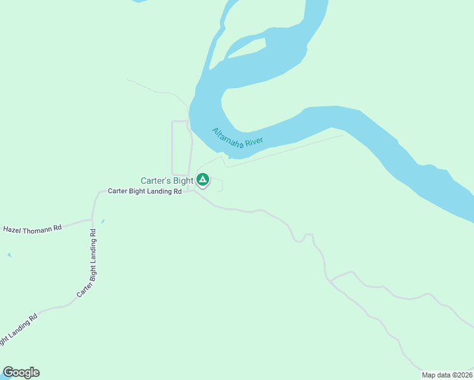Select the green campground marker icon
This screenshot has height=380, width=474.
click(203, 180)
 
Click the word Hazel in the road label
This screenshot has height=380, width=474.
click(13, 229)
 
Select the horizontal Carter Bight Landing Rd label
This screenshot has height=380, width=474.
click(144, 191)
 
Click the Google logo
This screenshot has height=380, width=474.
click(21, 372)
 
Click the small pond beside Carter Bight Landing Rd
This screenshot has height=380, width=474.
click(103, 221)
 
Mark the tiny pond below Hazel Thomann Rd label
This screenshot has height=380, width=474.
click(9, 255)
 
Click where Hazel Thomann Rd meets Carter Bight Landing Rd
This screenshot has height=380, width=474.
click(93, 221)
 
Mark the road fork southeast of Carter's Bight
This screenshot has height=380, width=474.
click(331, 279)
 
